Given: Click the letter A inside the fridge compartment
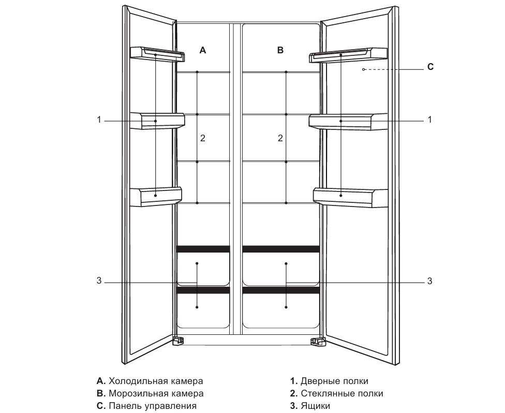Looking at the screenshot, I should (x=203, y=50).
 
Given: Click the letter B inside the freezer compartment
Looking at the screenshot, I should (x=280, y=50).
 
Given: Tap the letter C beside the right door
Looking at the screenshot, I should (x=430, y=67).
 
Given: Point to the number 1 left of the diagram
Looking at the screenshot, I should (x=98, y=120).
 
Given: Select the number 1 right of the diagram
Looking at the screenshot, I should (x=429, y=120).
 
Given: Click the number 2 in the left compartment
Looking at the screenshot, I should (x=203, y=138).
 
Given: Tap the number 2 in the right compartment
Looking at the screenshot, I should (x=280, y=138).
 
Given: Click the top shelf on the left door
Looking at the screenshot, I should (x=157, y=54).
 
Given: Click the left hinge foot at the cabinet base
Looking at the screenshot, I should (x=178, y=341).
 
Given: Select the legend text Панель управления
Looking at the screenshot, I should (x=153, y=406).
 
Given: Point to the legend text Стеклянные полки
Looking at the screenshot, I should (x=342, y=393).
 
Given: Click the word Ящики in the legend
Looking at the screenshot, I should (x=315, y=406).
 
